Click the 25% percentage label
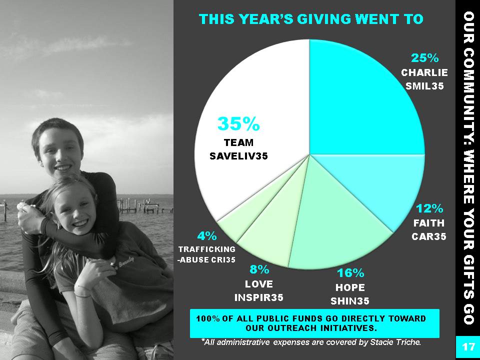pos(424,57)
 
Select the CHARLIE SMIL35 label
pos(424,79)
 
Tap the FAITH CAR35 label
pos(429,229)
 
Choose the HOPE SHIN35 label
pos(350,294)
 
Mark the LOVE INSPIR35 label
pos(258,290)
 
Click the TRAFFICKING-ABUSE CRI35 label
pos(207,254)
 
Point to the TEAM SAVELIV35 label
pos(238,149)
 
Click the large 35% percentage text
pos(238,123)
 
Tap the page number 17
pos(467,347)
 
